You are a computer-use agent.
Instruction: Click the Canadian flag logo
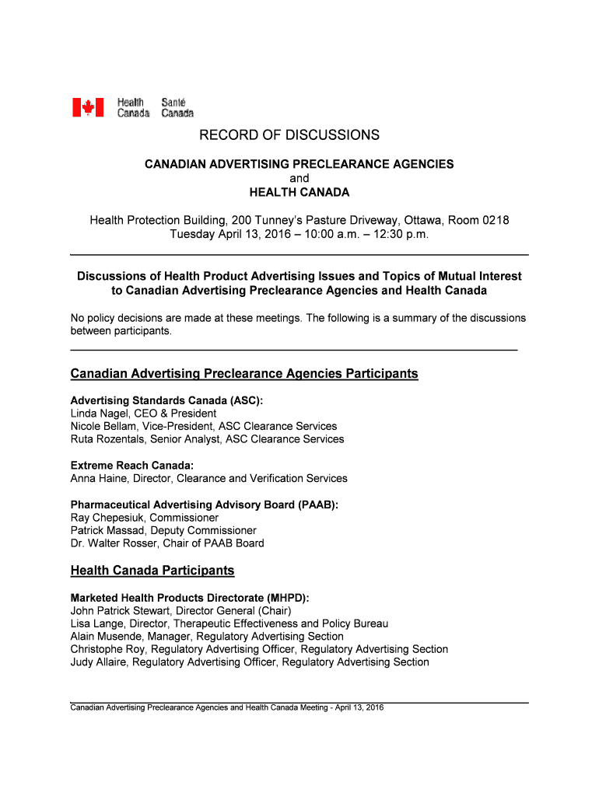click(88, 107)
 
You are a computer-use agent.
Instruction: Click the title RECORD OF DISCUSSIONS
click(289, 135)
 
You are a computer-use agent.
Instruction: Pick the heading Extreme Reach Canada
click(131, 466)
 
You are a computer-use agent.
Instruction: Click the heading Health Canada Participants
click(152, 571)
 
